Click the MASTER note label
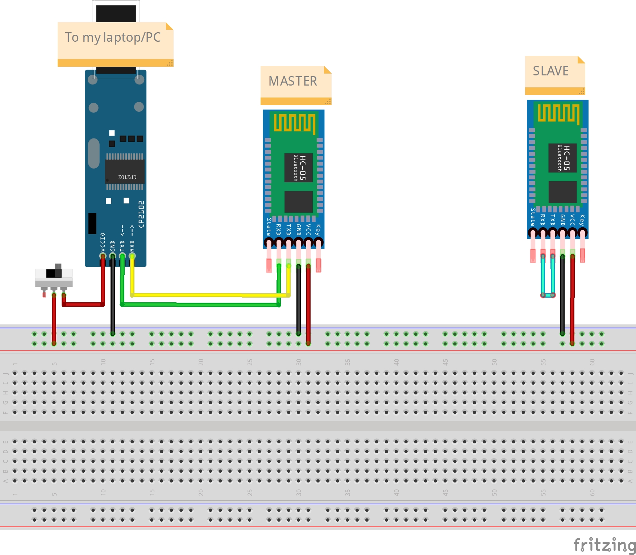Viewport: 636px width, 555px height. point(293,81)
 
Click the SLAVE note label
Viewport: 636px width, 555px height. point(550,71)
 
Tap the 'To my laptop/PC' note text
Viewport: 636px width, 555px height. point(113,37)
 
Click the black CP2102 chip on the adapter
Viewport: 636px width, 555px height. point(125,171)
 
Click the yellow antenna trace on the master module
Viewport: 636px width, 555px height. point(294,123)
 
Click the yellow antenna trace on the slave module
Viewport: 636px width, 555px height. point(558,113)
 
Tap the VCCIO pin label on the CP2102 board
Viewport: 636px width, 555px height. point(103,242)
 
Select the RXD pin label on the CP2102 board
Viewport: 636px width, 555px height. point(132,245)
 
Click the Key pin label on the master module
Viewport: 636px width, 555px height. point(318,230)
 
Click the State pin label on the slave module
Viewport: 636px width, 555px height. point(533,217)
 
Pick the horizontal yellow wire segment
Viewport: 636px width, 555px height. point(210,295)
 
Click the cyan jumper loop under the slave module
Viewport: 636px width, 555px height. point(548,295)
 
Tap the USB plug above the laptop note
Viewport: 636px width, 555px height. point(116,13)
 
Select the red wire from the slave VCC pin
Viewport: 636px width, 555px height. point(572,297)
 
